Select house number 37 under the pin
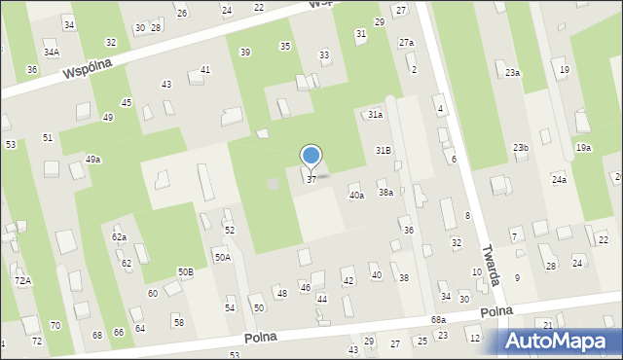click(x=311, y=180)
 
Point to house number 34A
click(x=51, y=53)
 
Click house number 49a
click(x=92, y=159)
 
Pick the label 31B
click(x=384, y=150)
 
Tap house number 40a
click(x=357, y=196)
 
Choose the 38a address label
click(x=386, y=193)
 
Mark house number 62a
click(x=119, y=236)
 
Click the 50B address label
click(x=185, y=271)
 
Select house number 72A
click(x=22, y=280)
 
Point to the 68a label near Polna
click(x=439, y=319)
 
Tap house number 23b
click(x=521, y=147)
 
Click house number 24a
click(x=559, y=180)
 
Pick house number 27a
click(x=406, y=43)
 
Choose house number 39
click(x=244, y=52)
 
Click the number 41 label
click(x=205, y=70)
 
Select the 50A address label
click(x=223, y=257)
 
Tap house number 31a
click(x=375, y=114)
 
